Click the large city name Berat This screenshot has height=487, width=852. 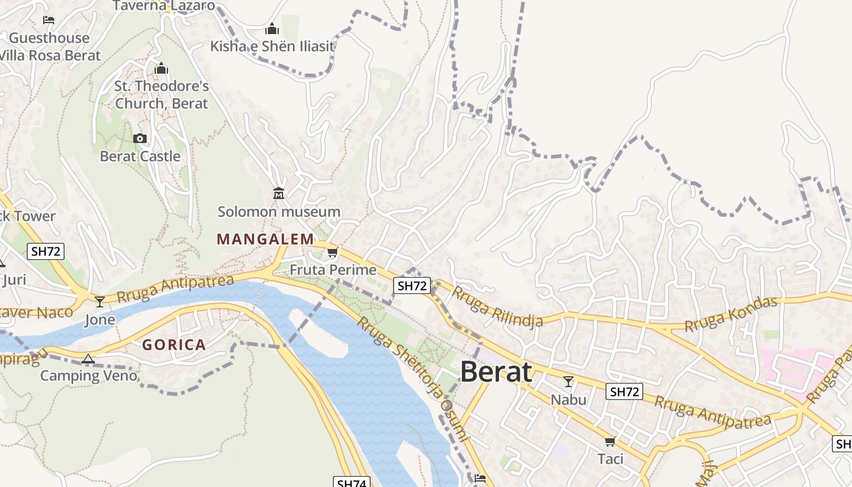[x=496, y=371]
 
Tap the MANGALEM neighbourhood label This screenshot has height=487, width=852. [x=265, y=239]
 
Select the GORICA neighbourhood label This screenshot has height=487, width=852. [x=174, y=345]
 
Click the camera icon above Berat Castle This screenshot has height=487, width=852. [x=140, y=139]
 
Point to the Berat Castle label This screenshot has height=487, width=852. [x=140, y=156]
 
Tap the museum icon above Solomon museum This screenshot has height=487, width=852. [x=279, y=194]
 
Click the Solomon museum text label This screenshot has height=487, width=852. [x=279, y=212]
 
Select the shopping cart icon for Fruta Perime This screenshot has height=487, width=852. [x=332, y=252]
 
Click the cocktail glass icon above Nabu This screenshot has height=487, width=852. [x=568, y=382]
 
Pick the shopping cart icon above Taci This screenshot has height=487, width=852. [x=610, y=441]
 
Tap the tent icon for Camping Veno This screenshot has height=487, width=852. [x=88, y=359]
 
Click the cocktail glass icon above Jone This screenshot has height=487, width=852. [x=100, y=301]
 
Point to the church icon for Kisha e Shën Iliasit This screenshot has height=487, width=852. [x=272, y=29]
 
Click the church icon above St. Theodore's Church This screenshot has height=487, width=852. [x=161, y=68]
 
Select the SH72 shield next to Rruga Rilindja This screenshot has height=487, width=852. [x=412, y=286]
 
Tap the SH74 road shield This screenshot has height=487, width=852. [x=352, y=483]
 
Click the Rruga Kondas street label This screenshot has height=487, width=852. [x=731, y=314]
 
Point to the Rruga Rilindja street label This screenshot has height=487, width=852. [x=497, y=308]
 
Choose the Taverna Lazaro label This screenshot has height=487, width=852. [x=164, y=6]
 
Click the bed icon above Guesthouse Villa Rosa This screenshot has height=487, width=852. [x=49, y=20]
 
